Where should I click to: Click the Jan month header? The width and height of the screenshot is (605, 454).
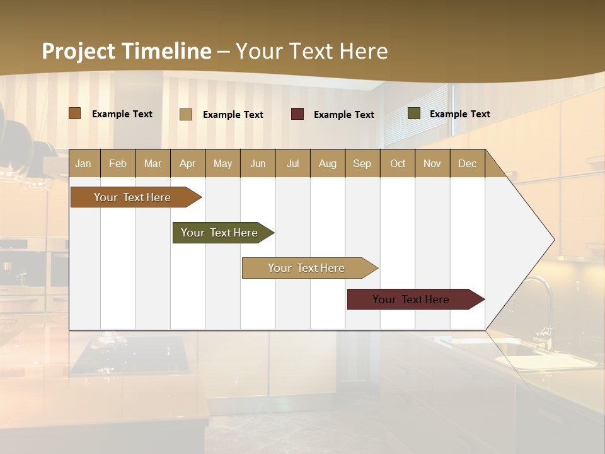point(83,163)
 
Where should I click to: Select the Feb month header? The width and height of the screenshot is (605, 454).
point(118,163)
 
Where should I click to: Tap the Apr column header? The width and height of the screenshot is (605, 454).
point(187,163)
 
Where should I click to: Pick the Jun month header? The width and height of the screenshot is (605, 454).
point(258,163)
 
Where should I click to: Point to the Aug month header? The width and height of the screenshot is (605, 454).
point(327,163)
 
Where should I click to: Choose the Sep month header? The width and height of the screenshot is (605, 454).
point(362,163)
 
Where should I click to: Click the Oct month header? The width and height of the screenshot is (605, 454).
point(398,163)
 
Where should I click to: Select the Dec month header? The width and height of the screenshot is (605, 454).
point(467,163)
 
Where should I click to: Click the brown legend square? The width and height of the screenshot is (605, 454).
point(74,113)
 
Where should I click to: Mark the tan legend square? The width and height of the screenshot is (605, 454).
point(185,114)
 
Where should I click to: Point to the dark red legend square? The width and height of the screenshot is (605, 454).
point(297,114)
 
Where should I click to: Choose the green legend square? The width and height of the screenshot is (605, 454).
point(414,113)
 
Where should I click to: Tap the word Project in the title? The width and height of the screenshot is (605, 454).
point(78,51)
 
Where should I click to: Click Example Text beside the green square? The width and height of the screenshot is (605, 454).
point(459,114)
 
